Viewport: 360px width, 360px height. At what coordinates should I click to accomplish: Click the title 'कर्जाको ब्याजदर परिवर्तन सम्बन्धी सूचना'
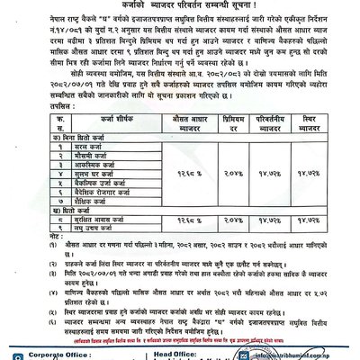click(x=180, y=5)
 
